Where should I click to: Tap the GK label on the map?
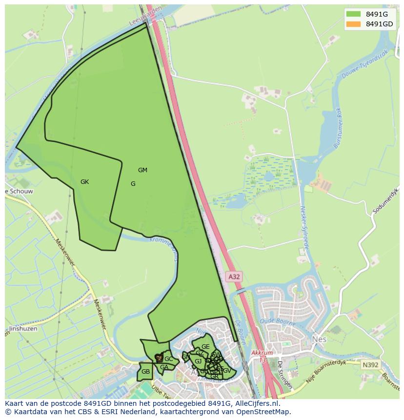(x=85, y=182)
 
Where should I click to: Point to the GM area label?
(x=142, y=170)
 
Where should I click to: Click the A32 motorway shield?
(x=235, y=277)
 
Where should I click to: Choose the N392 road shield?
(x=370, y=364)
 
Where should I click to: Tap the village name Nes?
(x=319, y=338)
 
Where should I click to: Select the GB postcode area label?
(x=145, y=372)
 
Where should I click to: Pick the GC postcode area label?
(x=168, y=359)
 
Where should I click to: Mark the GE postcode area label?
(x=205, y=347)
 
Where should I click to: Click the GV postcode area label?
(x=227, y=371)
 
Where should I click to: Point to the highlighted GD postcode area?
(x=158, y=358)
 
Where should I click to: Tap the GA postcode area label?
(x=164, y=367)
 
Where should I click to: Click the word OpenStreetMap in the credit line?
(x=263, y=412)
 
